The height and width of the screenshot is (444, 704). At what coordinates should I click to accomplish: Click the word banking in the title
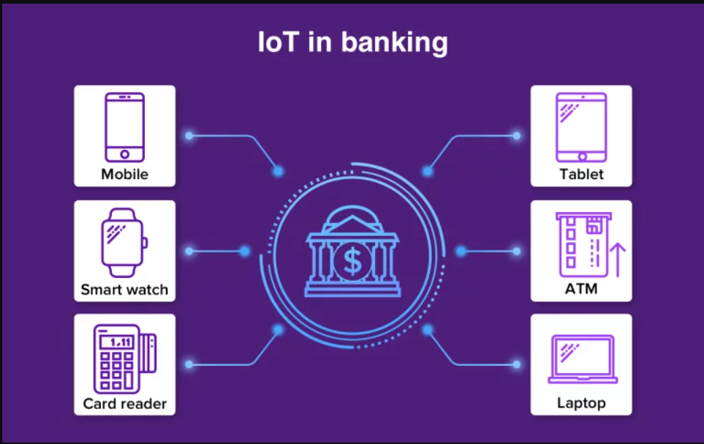coord(394,43)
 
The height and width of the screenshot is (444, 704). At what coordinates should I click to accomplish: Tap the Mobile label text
coord(124,174)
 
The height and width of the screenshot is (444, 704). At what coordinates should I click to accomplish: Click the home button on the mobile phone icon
coord(124,154)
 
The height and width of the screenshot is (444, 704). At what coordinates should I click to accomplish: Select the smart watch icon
coord(124,243)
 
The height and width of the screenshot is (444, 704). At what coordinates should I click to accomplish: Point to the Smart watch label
coord(124,290)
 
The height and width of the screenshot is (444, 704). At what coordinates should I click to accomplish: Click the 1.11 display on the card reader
coord(118,342)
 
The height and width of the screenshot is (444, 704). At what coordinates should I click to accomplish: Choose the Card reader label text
coord(124,404)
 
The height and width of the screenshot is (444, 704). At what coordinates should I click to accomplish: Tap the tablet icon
coord(581,127)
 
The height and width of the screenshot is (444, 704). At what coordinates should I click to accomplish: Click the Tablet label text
coord(581,174)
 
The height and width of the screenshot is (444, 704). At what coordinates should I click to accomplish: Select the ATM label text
coord(581,288)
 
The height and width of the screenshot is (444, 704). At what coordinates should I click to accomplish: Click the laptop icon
coord(583,359)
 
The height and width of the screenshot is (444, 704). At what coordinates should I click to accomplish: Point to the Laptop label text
coord(581,403)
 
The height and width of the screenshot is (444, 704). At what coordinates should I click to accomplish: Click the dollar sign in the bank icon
coord(352,261)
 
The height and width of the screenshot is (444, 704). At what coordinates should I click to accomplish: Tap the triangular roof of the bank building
coord(353,225)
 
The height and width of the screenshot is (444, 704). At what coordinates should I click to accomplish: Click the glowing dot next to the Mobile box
coord(189,136)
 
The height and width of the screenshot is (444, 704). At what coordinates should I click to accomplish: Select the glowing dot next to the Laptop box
coord(516,364)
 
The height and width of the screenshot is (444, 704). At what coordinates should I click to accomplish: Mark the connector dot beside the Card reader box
coord(189,364)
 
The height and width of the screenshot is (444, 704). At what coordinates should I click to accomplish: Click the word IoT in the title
coord(279,42)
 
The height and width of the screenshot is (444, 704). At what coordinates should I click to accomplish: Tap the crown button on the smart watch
coord(145,243)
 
